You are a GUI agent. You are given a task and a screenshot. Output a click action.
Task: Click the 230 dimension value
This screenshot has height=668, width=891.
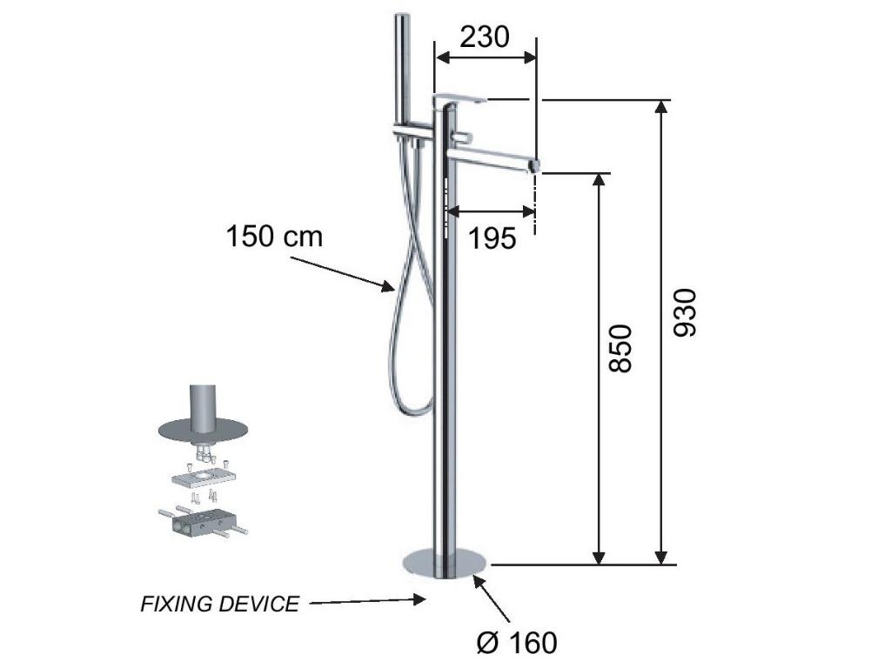[484, 37]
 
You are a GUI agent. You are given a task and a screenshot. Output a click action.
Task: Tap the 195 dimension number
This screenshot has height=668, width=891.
[492, 238]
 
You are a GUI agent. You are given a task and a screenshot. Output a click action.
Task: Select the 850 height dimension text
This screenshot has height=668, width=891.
[620, 348]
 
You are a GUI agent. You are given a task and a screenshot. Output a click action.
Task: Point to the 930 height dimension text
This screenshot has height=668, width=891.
[684, 313]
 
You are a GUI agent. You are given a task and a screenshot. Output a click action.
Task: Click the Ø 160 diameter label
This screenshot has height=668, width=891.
[517, 643]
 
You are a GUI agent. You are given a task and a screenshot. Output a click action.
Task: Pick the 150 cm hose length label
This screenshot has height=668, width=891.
[274, 237]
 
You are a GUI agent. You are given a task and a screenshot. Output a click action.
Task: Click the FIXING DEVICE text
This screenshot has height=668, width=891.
[219, 604]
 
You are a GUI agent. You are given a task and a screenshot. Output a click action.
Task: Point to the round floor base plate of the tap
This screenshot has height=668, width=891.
[445, 563]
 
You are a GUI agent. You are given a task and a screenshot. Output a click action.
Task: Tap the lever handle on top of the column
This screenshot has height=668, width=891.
[459, 101]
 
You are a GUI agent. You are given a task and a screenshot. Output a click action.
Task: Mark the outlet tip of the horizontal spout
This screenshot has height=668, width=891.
[535, 164]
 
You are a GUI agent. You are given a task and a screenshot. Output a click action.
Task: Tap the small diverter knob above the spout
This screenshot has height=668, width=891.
[465, 137]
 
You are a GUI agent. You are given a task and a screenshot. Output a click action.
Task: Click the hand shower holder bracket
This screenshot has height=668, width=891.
[412, 131]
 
